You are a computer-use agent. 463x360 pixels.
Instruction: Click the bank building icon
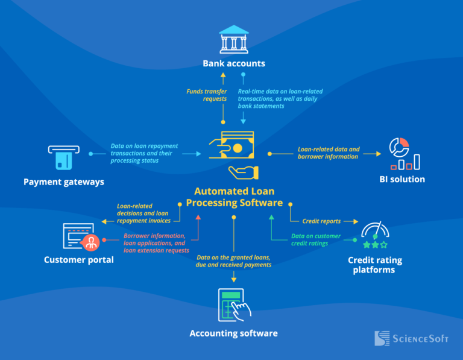(x=233, y=39)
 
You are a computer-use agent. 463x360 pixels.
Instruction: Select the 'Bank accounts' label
(x=233, y=63)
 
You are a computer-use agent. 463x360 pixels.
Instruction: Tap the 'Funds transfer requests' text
(x=207, y=95)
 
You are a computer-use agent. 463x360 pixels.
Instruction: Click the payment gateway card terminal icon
(x=63, y=157)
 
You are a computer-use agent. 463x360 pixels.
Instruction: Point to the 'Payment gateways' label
(x=64, y=182)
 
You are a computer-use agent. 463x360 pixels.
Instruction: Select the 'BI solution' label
(x=402, y=179)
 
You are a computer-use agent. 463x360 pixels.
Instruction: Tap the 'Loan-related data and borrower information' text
(x=329, y=153)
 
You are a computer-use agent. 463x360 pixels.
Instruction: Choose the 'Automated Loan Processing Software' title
(x=233, y=197)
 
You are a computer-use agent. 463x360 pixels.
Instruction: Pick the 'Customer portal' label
(x=78, y=260)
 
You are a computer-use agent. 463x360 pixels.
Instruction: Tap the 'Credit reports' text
(x=321, y=221)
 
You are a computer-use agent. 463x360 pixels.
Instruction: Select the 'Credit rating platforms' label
(x=374, y=265)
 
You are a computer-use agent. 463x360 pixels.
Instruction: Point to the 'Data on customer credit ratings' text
(x=316, y=239)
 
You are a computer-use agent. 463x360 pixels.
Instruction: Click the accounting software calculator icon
(x=233, y=304)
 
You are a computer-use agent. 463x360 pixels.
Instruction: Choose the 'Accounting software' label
(x=233, y=333)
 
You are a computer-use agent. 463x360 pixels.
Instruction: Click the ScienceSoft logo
(x=411, y=338)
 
